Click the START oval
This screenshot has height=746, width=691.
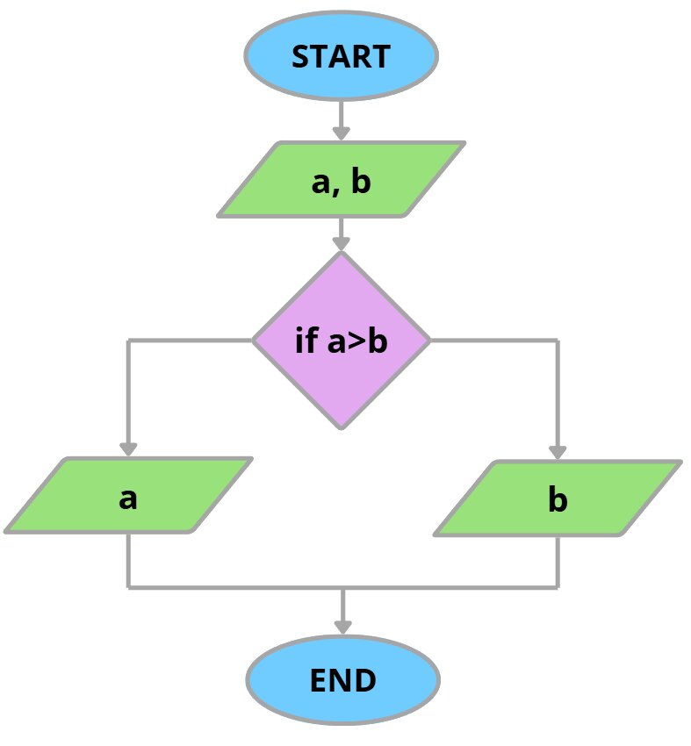pyautogui.click(x=341, y=56)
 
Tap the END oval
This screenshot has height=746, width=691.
pyautogui.click(x=342, y=681)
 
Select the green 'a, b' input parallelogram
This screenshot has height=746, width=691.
pyautogui.click(x=341, y=180)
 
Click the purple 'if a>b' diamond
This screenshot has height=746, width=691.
pyautogui.click(x=342, y=341)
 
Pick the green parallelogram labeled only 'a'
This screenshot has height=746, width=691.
pyautogui.click(x=128, y=496)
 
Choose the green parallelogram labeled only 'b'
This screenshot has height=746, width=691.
pyautogui.click(x=558, y=498)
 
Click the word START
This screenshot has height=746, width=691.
pyautogui.click(x=341, y=56)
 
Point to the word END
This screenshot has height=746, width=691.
pyautogui.click(x=342, y=681)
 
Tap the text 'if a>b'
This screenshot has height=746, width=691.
pyautogui.click(x=342, y=341)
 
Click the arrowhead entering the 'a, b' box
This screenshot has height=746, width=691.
pyautogui.click(x=342, y=133)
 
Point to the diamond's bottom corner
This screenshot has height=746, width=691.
pyautogui.click(x=342, y=428)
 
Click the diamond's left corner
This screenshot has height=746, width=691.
pyautogui.click(x=254, y=341)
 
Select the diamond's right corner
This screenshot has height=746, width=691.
pyautogui.click(x=429, y=341)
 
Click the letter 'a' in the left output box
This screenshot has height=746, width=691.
pyautogui.click(x=128, y=499)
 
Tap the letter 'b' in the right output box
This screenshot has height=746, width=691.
pyautogui.click(x=558, y=500)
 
